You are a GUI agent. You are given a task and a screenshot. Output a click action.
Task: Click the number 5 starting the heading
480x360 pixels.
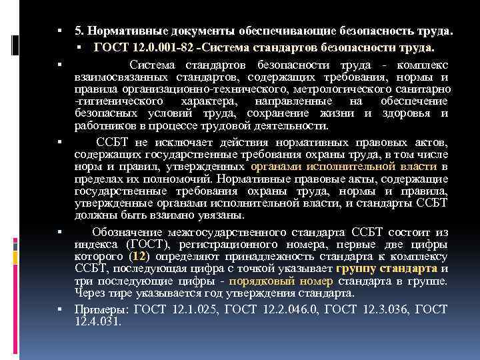78,31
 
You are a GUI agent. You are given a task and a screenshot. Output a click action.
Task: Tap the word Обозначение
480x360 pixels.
125,232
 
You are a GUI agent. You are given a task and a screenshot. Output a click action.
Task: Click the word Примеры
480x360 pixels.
101,309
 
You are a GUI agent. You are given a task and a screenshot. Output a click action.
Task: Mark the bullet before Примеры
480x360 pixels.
60,309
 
